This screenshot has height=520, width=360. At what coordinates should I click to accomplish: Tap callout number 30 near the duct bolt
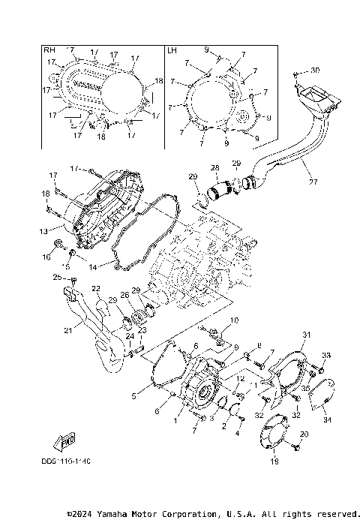[x=316, y=70]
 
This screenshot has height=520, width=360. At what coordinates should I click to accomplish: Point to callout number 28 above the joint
[x=214, y=167]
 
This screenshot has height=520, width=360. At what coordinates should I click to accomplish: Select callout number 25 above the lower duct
[x=57, y=278]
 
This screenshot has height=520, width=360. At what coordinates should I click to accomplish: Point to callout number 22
[x=96, y=289]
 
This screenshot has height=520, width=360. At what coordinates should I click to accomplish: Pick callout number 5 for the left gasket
[x=134, y=395]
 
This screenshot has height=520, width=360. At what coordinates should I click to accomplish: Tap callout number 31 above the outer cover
[x=305, y=334]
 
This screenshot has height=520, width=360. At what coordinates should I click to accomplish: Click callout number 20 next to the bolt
[x=304, y=434]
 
